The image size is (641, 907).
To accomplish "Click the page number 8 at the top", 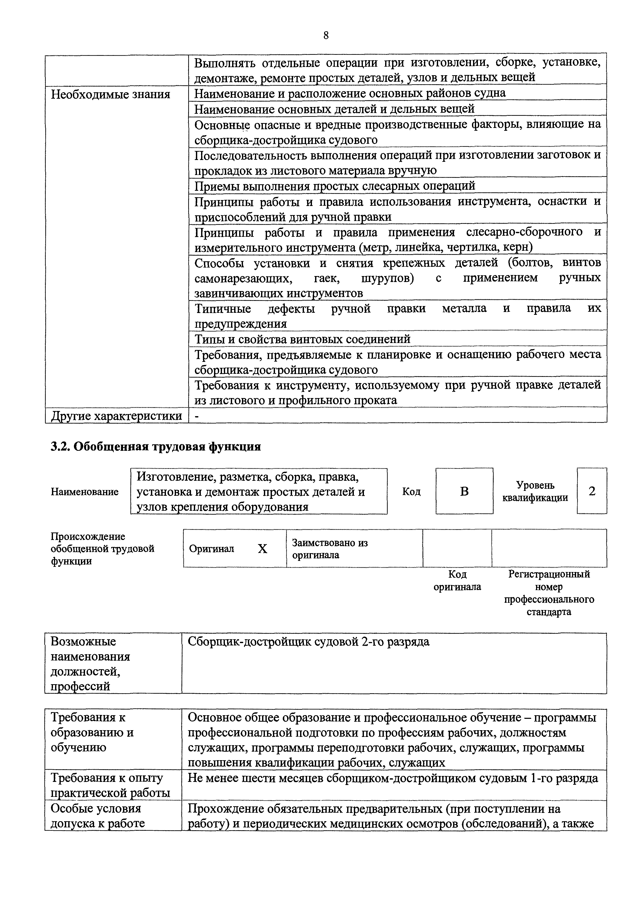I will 326,36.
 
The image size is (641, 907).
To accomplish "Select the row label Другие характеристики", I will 117,416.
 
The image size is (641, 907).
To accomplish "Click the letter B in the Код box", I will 464,491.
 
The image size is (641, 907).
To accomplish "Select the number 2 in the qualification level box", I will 592,491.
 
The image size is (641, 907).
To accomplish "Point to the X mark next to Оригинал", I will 262,549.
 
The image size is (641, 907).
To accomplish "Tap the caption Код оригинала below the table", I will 457,580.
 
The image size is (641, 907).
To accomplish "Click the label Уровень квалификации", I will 535,491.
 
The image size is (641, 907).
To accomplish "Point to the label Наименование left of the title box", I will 85,492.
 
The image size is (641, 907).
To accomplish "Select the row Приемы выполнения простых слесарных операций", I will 335,186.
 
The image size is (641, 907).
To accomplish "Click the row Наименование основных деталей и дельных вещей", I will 334,109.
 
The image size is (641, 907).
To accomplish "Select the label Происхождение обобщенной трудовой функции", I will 102,549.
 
